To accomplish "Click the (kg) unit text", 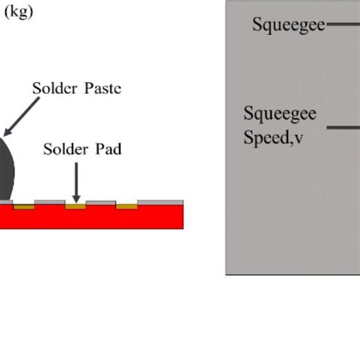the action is click(x=19, y=12).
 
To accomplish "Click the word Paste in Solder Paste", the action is click(x=103, y=88).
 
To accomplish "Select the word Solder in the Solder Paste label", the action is click(x=55, y=88).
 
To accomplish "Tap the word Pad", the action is click(x=109, y=149).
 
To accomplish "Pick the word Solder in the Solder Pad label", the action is click(x=66, y=149).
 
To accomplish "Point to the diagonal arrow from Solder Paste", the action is click(x=22, y=117).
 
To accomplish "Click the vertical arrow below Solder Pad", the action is click(x=76, y=183).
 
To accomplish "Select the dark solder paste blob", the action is click(x=6, y=169).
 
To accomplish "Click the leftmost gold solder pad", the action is click(x=24, y=207).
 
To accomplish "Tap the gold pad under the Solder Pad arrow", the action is click(x=76, y=207).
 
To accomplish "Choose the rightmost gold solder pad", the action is click(x=127, y=207).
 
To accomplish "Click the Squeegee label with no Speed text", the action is click(x=289, y=25).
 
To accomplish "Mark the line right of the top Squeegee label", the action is click(x=343, y=24).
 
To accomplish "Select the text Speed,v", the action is click(x=273, y=137).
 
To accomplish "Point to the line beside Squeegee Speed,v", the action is click(x=343, y=128).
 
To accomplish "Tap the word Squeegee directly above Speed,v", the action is click(x=280, y=114).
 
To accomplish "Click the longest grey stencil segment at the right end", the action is click(x=160, y=202).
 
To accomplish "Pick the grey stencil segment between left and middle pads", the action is click(x=50, y=202).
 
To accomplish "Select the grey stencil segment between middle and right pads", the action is click(x=101, y=203).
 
